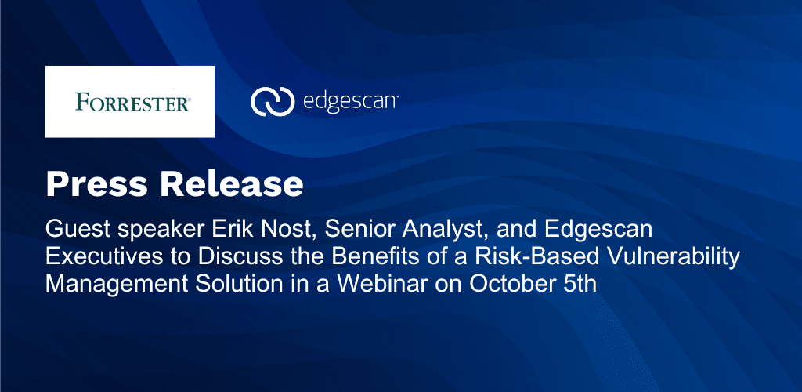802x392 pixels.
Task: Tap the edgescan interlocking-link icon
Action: pyautogui.click(x=272, y=101)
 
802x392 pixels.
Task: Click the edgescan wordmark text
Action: pyautogui.click(x=350, y=101)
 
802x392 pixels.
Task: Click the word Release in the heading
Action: pyautogui.click(x=231, y=185)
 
